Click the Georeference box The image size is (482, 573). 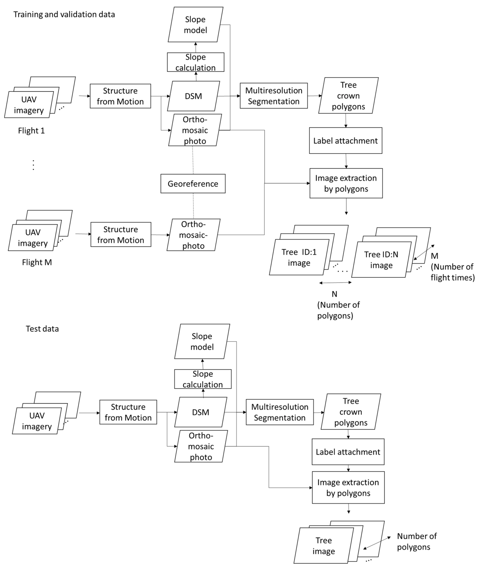tap(193, 184)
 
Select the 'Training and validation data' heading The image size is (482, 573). tap(64, 15)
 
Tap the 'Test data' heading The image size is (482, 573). tap(42, 329)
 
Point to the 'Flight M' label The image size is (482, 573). tap(37, 262)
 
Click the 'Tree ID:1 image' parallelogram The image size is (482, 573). tap(299, 257)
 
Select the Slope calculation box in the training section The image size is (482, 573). tap(196, 62)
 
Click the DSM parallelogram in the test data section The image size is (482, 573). tap(201, 412)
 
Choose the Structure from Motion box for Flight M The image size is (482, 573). tap(121, 234)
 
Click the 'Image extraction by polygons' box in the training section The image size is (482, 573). tap(346, 183)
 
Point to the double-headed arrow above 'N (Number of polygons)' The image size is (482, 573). tap(335, 283)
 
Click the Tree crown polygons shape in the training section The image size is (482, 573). tap(348, 96)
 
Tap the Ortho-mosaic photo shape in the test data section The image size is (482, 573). tap(201, 447)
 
